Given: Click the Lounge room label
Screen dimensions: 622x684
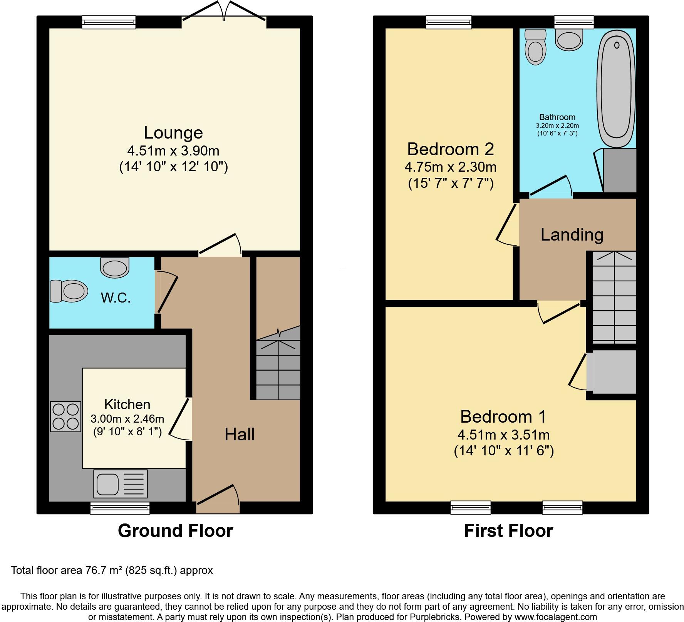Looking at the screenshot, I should pyautogui.click(x=173, y=133).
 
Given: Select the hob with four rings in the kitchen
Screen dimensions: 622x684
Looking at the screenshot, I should pyautogui.click(x=65, y=416).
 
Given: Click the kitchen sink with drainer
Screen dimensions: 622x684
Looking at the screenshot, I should pyautogui.click(x=120, y=484).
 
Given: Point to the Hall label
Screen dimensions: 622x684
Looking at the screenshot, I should pyautogui.click(x=239, y=435).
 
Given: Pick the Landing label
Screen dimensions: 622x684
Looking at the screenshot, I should pyautogui.click(x=572, y=235).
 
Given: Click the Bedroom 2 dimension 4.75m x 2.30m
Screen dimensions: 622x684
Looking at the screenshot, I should pyautogui.click(x=450, y=167).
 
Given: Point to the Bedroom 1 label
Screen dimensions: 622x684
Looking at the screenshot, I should pyautogui.click(x=503, y=417).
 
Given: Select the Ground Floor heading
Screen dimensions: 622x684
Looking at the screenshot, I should pyautogui.click(x=175, y=531).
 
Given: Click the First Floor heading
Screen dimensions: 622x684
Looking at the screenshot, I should pyautogui.click(x=508, y=531).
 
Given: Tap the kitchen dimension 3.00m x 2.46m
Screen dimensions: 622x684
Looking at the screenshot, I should pyautogui.click(x=127, y=419).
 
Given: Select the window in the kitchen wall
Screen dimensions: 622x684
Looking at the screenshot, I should pyautogui.click(x=120, y=508).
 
